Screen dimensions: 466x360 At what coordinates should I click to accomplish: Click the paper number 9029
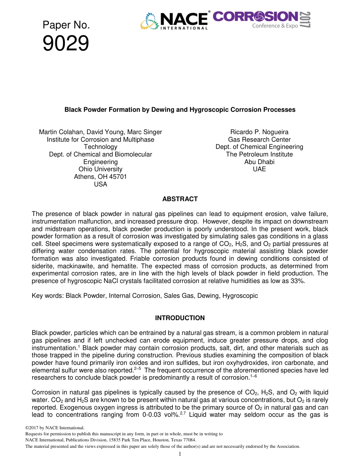click(66, 44)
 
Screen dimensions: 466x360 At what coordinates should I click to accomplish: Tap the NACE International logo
click(175, 20)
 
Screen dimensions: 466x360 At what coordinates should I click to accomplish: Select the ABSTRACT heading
click(180, 199)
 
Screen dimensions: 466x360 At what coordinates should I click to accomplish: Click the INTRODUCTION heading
click(180, 318)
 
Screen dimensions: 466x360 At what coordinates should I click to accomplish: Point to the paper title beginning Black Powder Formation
click(180, 109)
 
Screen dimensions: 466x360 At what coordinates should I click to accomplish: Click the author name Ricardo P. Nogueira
click(259, 132)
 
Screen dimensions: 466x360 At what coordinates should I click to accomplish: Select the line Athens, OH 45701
click(100, 177)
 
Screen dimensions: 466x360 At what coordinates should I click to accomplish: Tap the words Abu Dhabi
click(259, 162)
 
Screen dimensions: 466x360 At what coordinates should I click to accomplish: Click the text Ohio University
click(100, 169)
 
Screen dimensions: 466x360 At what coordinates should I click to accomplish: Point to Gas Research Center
click(259, 139)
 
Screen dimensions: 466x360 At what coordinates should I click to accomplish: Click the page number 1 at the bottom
click(180, 454)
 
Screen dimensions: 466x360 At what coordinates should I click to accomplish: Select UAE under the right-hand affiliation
click(259, 169)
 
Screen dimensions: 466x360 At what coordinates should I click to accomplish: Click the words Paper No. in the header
click(66, 25)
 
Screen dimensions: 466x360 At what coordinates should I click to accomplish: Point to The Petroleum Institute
click(259, 154)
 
